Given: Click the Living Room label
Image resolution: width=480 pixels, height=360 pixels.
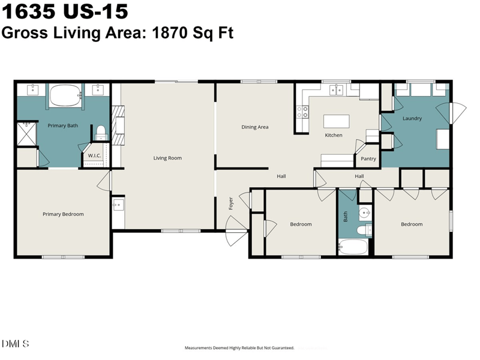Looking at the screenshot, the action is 167,158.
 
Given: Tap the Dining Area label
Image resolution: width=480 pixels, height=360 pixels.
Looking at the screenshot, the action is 254,127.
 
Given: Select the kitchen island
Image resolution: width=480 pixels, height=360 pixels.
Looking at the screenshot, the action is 337,121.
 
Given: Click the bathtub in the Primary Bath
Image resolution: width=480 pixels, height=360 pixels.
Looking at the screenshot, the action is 65,95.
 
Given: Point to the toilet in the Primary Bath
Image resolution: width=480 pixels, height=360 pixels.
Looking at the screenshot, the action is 101,133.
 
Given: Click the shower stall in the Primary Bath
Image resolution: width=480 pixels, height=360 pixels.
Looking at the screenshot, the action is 26,134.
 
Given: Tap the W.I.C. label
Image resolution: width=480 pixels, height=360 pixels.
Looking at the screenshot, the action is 94,155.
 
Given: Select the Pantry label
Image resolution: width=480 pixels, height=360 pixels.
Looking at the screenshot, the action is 368,158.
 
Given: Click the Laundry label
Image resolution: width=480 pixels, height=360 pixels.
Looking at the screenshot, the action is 412,118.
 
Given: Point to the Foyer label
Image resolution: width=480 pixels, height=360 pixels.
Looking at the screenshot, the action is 231,203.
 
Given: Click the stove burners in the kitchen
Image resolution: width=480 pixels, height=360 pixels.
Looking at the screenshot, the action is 302,112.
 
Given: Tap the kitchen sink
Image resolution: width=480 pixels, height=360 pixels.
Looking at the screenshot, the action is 336,91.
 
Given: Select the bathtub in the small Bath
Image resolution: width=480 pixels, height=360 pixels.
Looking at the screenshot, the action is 353,247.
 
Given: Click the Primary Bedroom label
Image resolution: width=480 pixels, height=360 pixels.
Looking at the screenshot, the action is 63,214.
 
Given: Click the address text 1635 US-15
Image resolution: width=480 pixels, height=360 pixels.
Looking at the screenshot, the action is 65,11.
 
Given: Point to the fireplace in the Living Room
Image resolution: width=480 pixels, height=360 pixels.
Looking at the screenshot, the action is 118,125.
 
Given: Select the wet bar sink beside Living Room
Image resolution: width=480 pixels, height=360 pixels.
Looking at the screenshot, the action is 118,205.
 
